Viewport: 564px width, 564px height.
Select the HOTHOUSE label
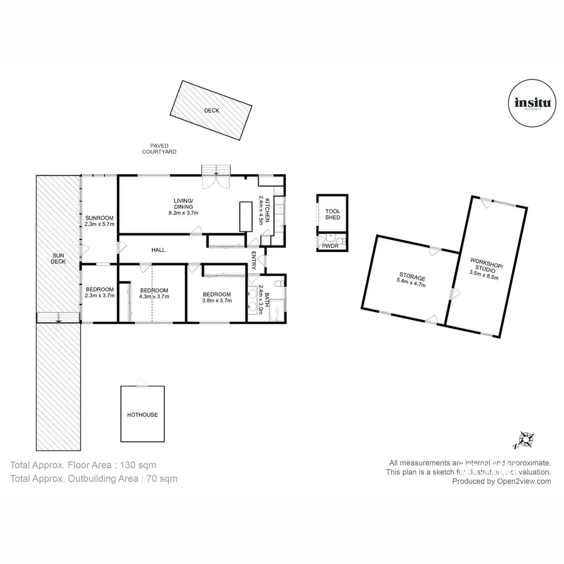[x=142, y=415]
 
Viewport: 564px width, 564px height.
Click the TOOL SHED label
[x=333, y=214]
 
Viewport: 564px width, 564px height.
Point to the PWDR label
[x=330, y=246]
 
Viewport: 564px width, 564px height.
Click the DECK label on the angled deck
[x=211, y=111]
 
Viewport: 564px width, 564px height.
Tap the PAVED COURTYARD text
[x=159, y=149]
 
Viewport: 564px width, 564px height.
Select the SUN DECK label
[x=59, y=258]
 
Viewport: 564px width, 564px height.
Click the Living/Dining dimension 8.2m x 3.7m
[x=183, y=212]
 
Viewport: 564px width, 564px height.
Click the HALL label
[x=158, y=250]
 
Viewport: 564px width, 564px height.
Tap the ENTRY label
[x=254, y=260]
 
